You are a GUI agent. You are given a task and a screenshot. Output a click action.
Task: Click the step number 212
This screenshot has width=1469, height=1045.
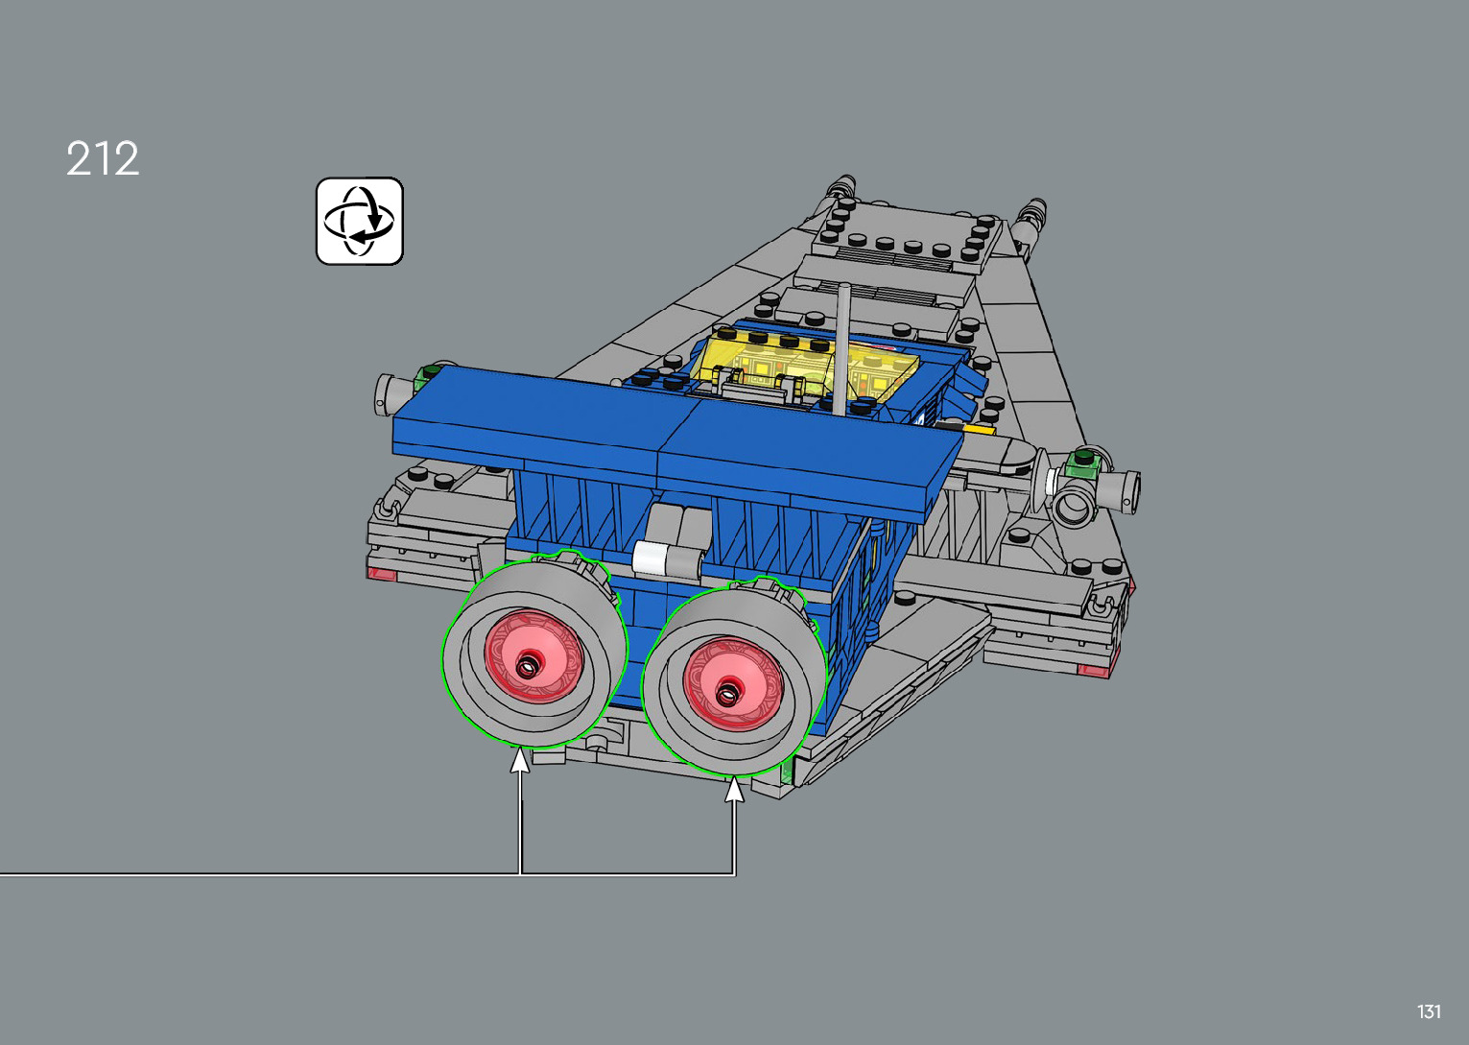pyautogui.click(x=103, y=158)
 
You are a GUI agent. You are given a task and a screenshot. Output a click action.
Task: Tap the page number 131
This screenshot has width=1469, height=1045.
pyautogui.click(x=1429, y=1011)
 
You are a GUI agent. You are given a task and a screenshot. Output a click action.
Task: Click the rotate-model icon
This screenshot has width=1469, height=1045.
pyautogui.click(x=360, y=221)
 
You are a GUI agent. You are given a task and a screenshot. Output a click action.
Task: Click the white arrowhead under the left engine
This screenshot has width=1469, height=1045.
pyautogui.click(x=520, y=760)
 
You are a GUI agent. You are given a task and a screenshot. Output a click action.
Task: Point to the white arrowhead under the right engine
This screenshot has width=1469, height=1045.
pyautogui.click(x=735, y=789)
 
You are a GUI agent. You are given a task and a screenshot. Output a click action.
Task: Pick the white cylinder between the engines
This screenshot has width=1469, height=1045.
pyautogui.click(x=651, y=558)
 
